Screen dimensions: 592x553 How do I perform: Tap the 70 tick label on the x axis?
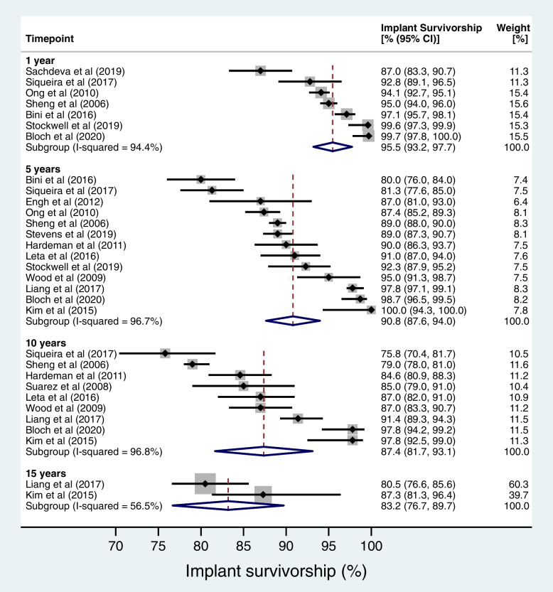pyautogui.click(x=115, y=547)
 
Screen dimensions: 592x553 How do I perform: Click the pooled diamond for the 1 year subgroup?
pyautogui.click(x=333, y=146)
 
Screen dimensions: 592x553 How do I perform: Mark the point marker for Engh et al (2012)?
pyautogui.click(x=260, y=201)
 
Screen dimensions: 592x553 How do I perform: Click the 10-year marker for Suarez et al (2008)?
pyautogui.click(x=244, y=386)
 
